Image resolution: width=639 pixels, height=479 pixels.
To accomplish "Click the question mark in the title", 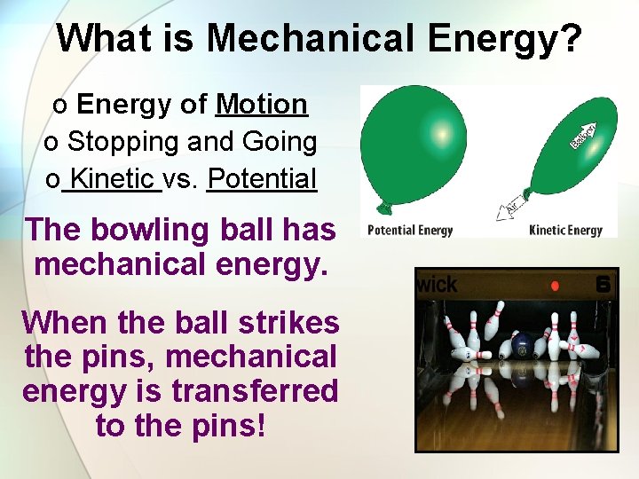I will [572, 38].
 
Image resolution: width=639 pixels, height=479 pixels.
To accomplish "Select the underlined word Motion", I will [262, 105].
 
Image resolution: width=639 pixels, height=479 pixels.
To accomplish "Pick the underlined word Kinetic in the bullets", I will [112, 178].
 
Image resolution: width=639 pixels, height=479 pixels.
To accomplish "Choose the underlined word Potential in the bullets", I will [262, 178].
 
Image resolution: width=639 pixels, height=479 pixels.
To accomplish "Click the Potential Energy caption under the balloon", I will [410, 231].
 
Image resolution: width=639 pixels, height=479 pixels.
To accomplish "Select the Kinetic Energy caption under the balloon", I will [565, 231].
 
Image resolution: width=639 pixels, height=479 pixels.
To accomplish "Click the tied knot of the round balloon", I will [383, 208].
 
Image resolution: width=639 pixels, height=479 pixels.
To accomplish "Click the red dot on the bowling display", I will [555, 286].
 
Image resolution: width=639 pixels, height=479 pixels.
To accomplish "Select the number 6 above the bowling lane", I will [603, 285].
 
